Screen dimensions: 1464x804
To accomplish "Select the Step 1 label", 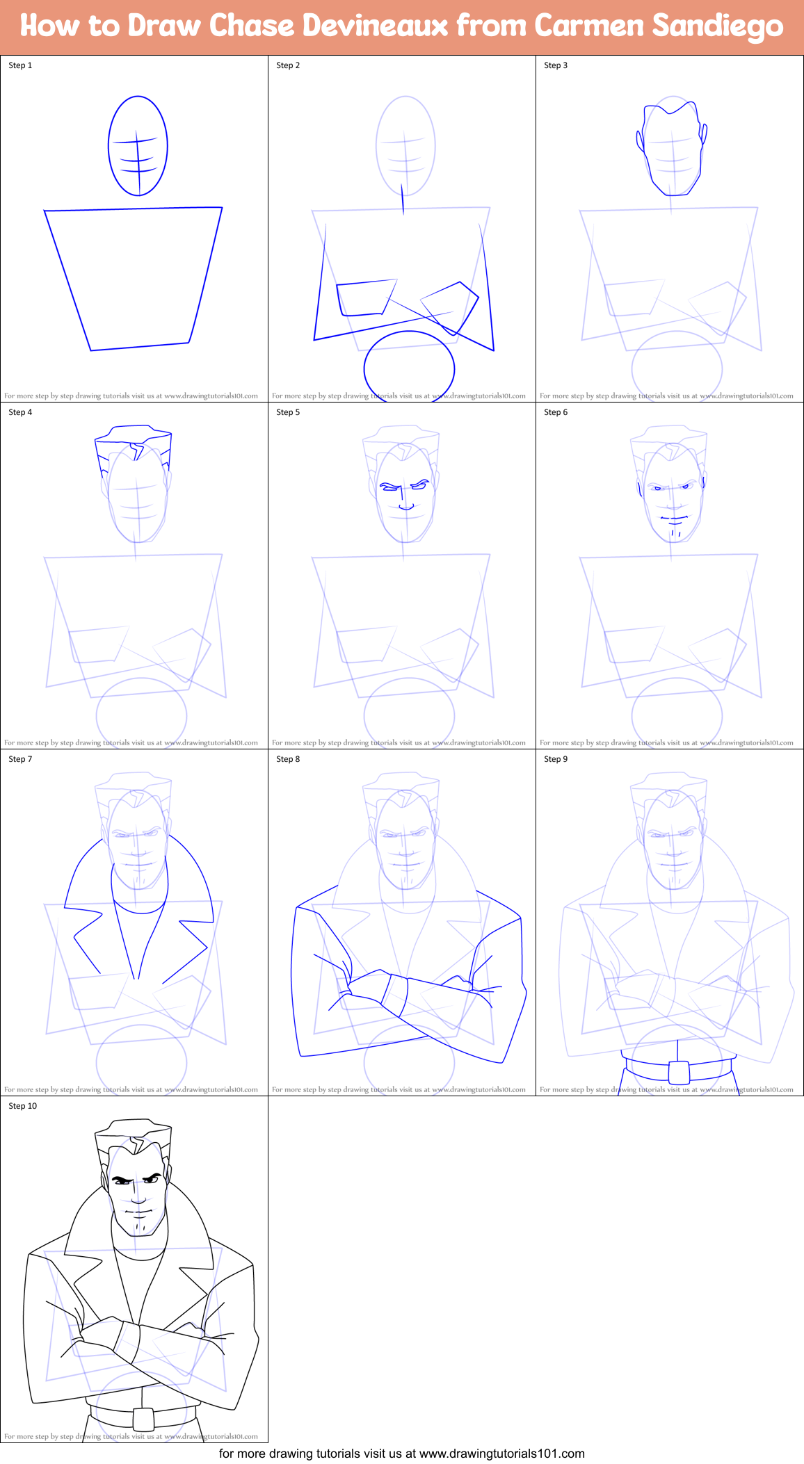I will click(20, 65).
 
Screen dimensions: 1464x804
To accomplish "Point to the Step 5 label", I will click(288, 412).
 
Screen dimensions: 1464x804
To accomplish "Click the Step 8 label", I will click(288, 759).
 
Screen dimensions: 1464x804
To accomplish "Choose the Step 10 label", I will click(23, 1106).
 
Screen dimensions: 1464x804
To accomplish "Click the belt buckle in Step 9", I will click(679, 1072).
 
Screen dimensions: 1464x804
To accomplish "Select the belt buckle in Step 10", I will click(143, 1419).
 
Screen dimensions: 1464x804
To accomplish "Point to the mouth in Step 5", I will click(405, 507).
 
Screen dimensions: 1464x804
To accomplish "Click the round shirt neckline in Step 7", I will click(139, 909).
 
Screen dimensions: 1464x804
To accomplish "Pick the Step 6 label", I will click(556, 412).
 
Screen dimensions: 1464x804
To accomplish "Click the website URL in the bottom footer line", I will click(501, 1454).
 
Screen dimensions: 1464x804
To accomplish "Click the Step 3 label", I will click(556, 65).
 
